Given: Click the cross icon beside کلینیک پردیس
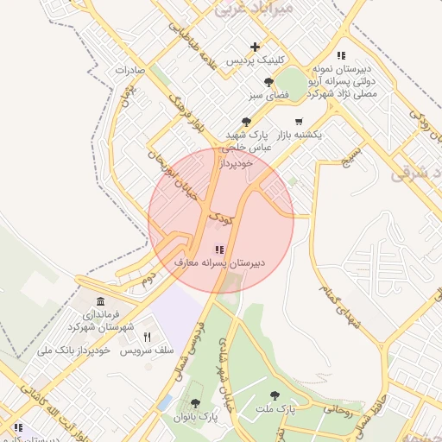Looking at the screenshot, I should coord(255,47).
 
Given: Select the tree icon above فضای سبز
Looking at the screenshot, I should coord(268,82).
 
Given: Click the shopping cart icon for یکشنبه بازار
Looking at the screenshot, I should coord(299,121).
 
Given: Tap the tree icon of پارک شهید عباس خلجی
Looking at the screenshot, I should coord(246,122).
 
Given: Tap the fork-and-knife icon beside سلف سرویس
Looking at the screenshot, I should coord(147,338).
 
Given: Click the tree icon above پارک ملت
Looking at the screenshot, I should coord(275,395).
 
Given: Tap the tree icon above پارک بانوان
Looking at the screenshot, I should coord(194,403).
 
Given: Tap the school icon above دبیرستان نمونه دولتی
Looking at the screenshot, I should coord(342,55).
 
